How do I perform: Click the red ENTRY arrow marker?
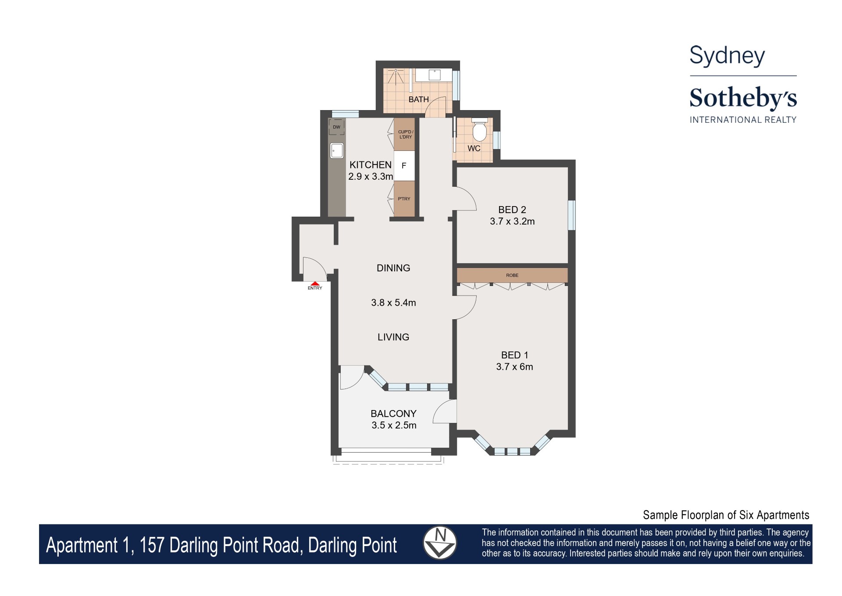(315, 284)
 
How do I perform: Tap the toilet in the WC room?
(479, 130)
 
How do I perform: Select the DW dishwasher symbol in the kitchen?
(336, 127)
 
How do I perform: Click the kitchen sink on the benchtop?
(337, 150)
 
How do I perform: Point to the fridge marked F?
(404, 166)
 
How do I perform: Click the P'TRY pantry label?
(404, 199)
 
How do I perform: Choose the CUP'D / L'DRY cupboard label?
(405, 134)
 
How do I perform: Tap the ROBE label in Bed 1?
(512, 275)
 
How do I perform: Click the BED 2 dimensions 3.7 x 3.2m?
(512, 221)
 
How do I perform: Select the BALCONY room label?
(393, 414)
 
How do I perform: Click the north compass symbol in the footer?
(440, 543)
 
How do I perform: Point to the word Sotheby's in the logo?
(743, 98)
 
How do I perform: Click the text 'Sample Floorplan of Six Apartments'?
(726, 515)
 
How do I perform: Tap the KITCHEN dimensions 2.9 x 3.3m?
(371, 176)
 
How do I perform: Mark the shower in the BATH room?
(396, 77)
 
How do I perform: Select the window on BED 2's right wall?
(571, 215)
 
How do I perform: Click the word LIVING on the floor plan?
(393, 337)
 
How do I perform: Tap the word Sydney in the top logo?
(727, 56)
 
